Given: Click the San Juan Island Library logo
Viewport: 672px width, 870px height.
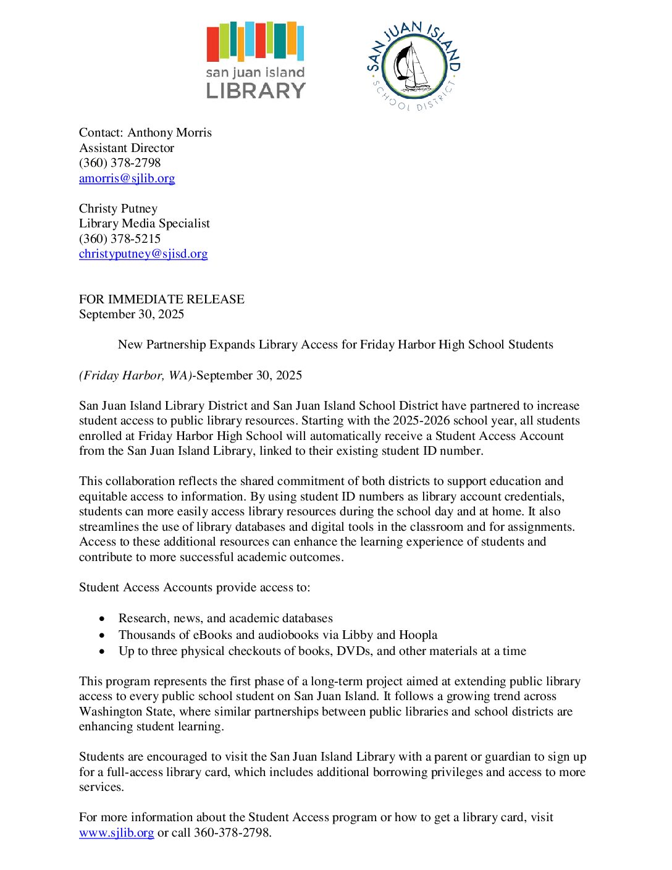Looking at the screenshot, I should pyautogui.click(x=255, y=61).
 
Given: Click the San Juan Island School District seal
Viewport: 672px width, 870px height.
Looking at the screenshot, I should pyautogui.click(x=413, y=66).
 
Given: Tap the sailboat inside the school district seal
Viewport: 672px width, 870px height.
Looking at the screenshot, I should pyautogui.click(x=413, y=65).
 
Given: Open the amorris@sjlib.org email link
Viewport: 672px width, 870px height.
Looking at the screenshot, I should pyautogui.click(x=127, y=179).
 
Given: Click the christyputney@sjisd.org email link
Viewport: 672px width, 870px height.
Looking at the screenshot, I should pyautogui.click(x=143, y=254).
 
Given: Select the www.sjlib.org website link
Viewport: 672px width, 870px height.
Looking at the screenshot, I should pyautogui.click(x=116, y=833).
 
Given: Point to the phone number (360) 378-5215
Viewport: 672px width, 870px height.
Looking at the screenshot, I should pyautogui.click(x=120, y=239).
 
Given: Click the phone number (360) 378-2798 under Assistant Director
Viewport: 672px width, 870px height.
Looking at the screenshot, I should pyautogui.click(x=120, y=163).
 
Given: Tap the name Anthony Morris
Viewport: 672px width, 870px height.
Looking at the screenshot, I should pyautogui.click(x=169, y=133).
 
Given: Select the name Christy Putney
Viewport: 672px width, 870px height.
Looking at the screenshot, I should pyautogui.click(x=118, y=209).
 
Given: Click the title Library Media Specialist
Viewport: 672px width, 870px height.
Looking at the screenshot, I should pyautogui.click(x=145, y=224).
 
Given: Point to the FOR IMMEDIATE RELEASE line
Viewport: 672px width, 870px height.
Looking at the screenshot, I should pyautogui.click(x=162, y=300).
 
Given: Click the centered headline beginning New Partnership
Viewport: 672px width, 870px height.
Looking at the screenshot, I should pyautogui.click(x=335, y=345).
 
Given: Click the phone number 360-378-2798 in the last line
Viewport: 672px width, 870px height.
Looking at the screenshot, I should pyautogui.click(x=232, y=833).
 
